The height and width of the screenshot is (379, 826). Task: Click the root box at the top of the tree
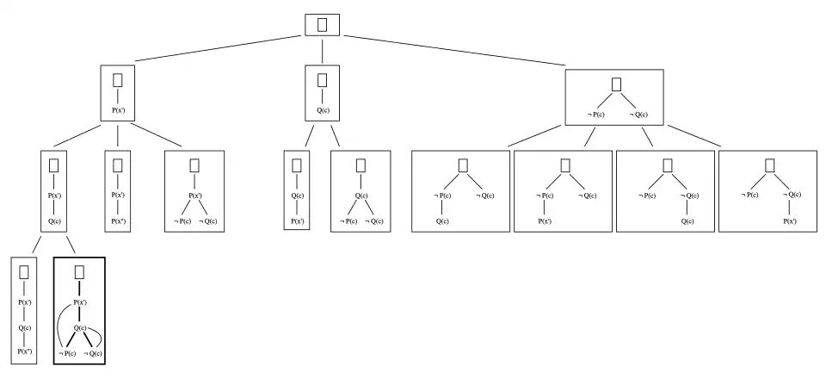point(323,24)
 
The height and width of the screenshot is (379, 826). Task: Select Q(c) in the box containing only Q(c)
point(323,110)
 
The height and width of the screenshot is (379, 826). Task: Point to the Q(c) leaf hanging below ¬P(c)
point(441,221)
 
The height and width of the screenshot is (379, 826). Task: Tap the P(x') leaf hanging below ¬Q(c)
point(788,221)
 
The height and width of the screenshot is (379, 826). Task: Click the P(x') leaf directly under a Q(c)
point(297,221)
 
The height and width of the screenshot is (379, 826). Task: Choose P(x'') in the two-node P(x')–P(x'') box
point(118,221)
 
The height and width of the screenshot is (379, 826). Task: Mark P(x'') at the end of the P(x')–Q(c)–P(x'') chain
point(24,351)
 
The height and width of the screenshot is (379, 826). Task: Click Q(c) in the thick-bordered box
point(79,328)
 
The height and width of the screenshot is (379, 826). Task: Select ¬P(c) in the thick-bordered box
point(67,353)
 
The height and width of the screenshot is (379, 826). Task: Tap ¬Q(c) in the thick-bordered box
point(94,353)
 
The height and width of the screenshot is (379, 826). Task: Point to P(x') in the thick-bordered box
point(79,303)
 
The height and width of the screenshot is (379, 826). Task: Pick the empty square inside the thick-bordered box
point(79,272)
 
